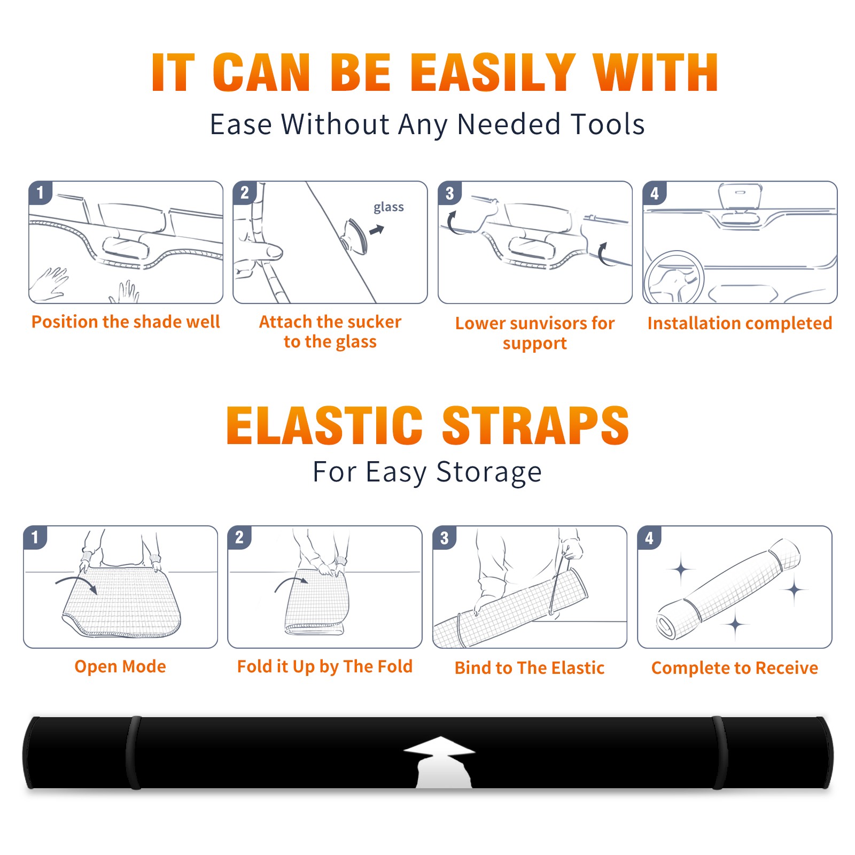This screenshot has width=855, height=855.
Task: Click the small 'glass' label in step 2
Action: (x=388, y=207)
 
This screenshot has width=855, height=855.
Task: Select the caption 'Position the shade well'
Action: (x=126, y=322)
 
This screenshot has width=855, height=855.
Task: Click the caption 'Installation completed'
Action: (x=740, y=323)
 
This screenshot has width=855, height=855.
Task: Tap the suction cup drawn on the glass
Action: (x=355, y=235)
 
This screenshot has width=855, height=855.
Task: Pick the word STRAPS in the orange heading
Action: (x=535, y=425)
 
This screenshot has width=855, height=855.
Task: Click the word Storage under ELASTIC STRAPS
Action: (x=489, y=472)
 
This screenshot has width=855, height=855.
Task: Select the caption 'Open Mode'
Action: (x=120, y=666)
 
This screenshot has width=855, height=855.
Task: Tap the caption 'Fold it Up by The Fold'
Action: (x=325, y=666)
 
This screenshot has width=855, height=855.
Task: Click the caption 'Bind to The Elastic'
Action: (x=530, y=668)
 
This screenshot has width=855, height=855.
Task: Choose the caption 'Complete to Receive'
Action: (x=735, y=668)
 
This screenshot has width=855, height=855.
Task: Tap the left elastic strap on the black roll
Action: (x=134, y=753)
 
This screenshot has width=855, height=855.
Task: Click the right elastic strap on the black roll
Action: (x=720, y=753)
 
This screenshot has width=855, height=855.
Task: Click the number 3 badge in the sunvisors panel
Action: (x=449, y=193)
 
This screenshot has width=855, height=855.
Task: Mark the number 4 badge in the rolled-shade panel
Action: (x=649, y=538)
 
